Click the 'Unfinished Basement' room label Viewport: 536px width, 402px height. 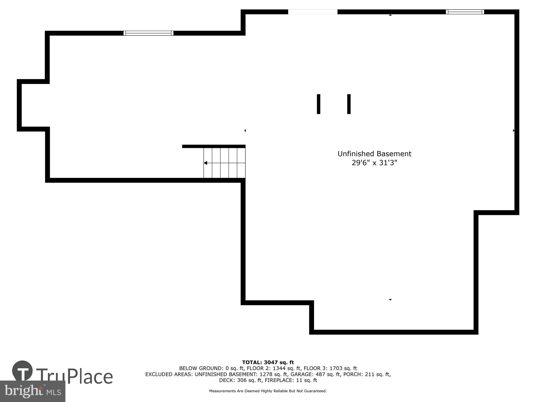pos(374,154)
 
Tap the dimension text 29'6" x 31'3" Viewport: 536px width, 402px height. pos(374,163)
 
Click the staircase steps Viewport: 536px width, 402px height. pos(225,163)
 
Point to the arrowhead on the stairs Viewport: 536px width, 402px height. pos(206,163)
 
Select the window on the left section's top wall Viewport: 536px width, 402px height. pos(148,33)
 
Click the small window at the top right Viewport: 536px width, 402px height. pos(465,12)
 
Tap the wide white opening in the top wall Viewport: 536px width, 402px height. pos(312,12)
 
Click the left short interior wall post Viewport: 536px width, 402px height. pos(318,104)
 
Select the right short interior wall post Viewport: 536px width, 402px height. pos(349,104)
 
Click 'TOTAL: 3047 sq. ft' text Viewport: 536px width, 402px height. pos(268,363)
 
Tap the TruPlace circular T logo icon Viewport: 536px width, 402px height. pos(22,371)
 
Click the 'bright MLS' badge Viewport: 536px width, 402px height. pos(32,392)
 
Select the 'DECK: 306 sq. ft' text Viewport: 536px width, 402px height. pos(240,380)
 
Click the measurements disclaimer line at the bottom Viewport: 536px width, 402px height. pos(268,391)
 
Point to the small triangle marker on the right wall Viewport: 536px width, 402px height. pos(513,131)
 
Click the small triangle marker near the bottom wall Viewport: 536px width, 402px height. pos(390,300)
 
